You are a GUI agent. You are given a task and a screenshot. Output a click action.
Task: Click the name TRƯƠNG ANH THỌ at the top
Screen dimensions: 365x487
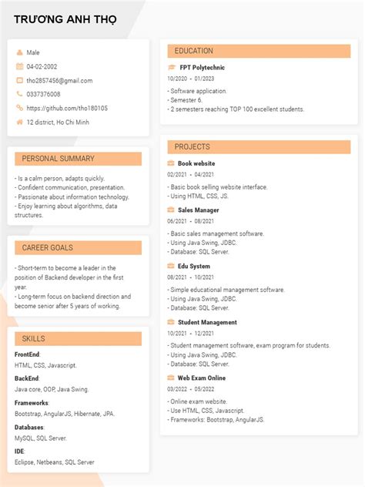click(x=65, y=19)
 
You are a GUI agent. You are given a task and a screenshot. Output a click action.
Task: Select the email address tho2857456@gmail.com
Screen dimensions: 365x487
click(x=59, y=80)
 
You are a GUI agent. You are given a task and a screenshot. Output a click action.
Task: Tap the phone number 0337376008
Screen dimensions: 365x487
click(x=43, y=94)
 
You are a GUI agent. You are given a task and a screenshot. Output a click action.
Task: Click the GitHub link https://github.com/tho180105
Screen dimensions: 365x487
click(x=67, y=108)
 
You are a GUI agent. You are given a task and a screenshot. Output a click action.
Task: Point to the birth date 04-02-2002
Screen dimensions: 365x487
click(x=42, y=66)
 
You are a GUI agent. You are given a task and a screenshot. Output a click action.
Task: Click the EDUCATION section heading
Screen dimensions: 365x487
click(x=193, y=51)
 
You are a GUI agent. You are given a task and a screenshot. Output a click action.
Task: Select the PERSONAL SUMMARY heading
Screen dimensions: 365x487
click(x=58, y=159)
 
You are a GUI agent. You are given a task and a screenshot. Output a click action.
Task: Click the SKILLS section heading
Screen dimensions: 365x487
click(x=33, y=338)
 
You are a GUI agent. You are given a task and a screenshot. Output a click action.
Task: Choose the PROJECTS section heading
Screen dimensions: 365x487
click(x=192, y=146)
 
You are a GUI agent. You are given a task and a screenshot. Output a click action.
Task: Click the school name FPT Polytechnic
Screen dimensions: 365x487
click(x=202, y=67)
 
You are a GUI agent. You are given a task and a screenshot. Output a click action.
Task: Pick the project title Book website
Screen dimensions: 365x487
click(x=196, y=163)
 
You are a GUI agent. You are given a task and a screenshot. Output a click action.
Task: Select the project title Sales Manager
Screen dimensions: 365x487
click(x=199, y=210)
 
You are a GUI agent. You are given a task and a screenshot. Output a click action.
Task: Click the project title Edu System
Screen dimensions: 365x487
click(x=194, y=266)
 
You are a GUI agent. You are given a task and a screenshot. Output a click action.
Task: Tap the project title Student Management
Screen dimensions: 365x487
click(x=207, y=322)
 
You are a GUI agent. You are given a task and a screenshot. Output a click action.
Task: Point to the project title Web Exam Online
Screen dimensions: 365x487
click(x=202, y=378)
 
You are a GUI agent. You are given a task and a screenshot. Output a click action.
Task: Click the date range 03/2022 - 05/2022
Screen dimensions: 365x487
click(x=191, y=389)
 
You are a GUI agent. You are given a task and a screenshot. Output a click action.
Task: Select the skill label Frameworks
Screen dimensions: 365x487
click(x=31, y=403)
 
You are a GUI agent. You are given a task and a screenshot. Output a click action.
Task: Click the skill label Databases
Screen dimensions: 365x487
click(x=29, y=427)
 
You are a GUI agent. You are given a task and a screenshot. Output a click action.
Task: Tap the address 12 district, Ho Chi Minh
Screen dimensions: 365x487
click(x=58, y=122)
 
